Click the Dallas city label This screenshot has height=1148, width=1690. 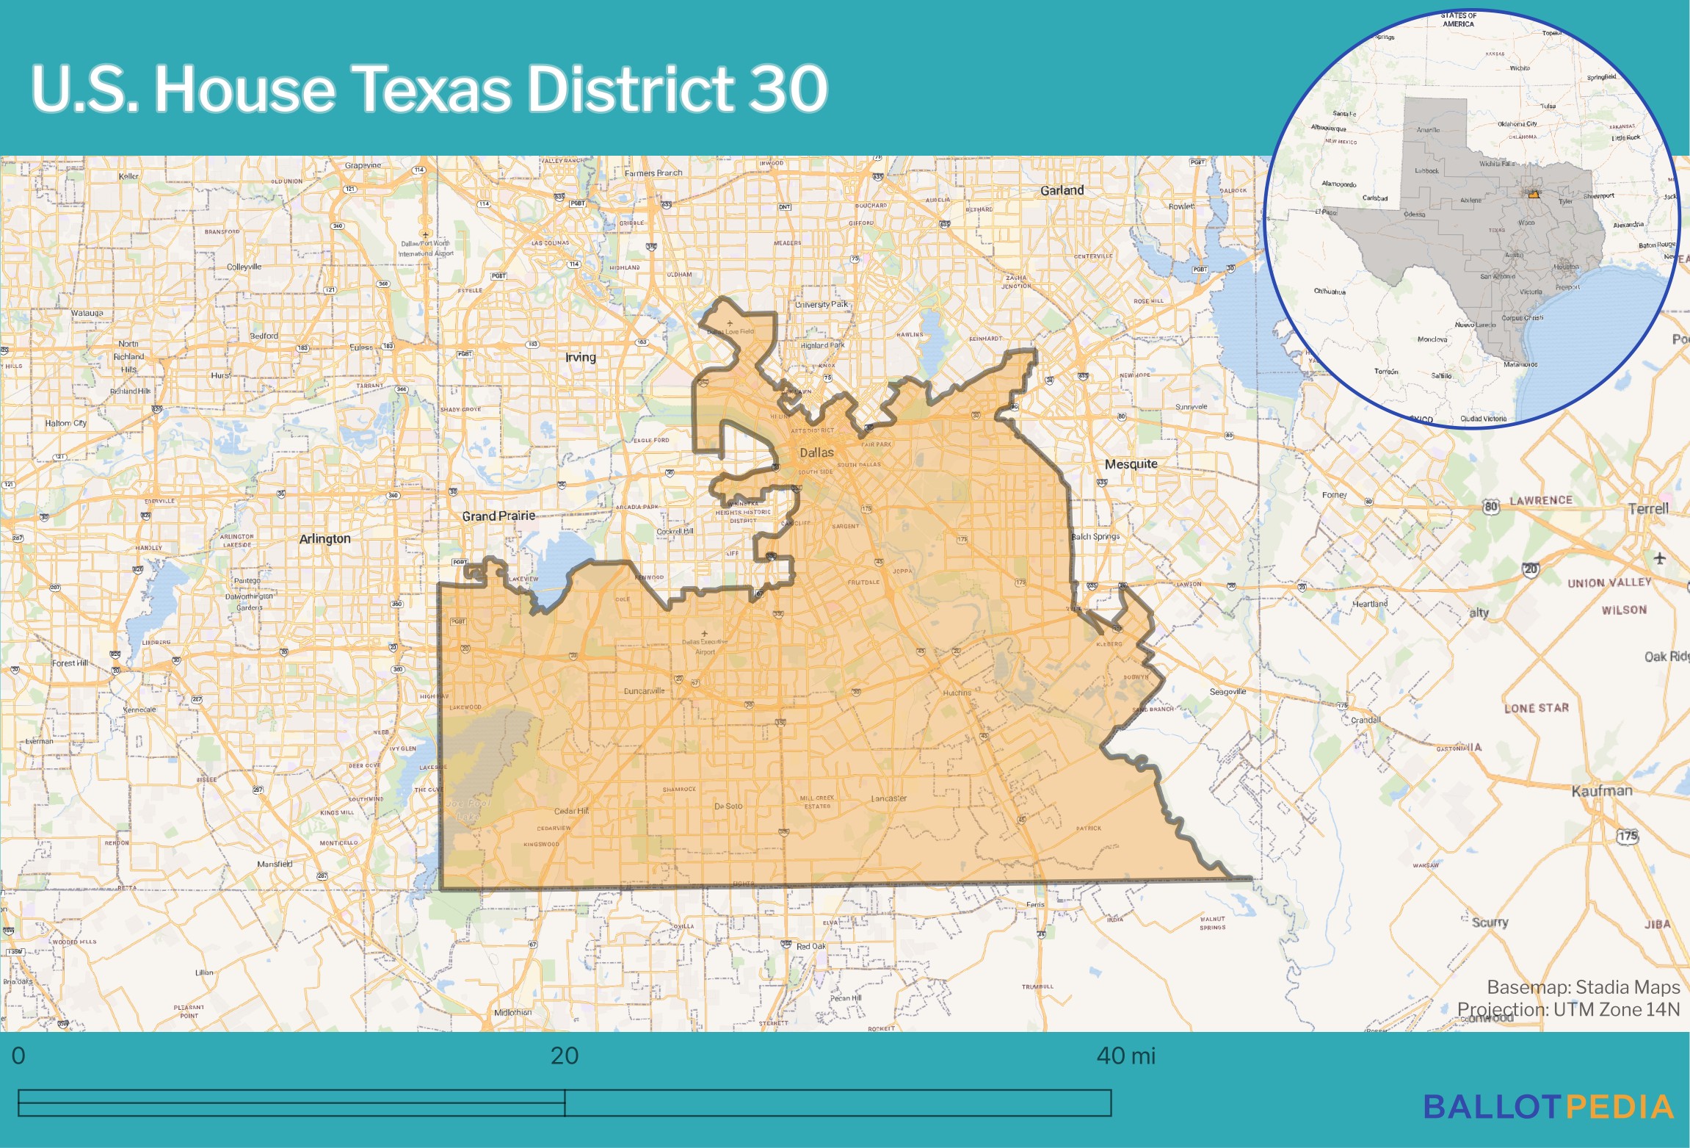(x=816, y=452)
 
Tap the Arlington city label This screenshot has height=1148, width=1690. (x=324, y=538)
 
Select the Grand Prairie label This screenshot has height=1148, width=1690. (x=498, y=516)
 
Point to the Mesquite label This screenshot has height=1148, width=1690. (x=1131, y=463)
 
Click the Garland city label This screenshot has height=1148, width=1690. (x=1062, y=190)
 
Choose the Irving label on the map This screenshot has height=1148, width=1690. (x=580, y=357)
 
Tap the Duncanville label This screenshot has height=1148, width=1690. (x=644, y=691)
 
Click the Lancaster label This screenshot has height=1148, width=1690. (x=888, y=798)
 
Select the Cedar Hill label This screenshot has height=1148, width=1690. (x=571, y=811)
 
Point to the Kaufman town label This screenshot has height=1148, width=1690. (x=1602, y=791)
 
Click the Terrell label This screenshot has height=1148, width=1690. (x=1648, y=508)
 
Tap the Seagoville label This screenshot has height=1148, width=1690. (x=1227, y=692)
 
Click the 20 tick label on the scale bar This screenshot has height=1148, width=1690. (x=564, y=1055)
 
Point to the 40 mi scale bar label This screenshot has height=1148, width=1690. (x=1125, y=1055)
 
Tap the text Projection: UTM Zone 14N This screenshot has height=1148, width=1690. (x=1568, y=1009)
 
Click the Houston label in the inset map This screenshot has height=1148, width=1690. (x=1566, y=267)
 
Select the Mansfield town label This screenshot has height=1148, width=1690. (x=275, y=864)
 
